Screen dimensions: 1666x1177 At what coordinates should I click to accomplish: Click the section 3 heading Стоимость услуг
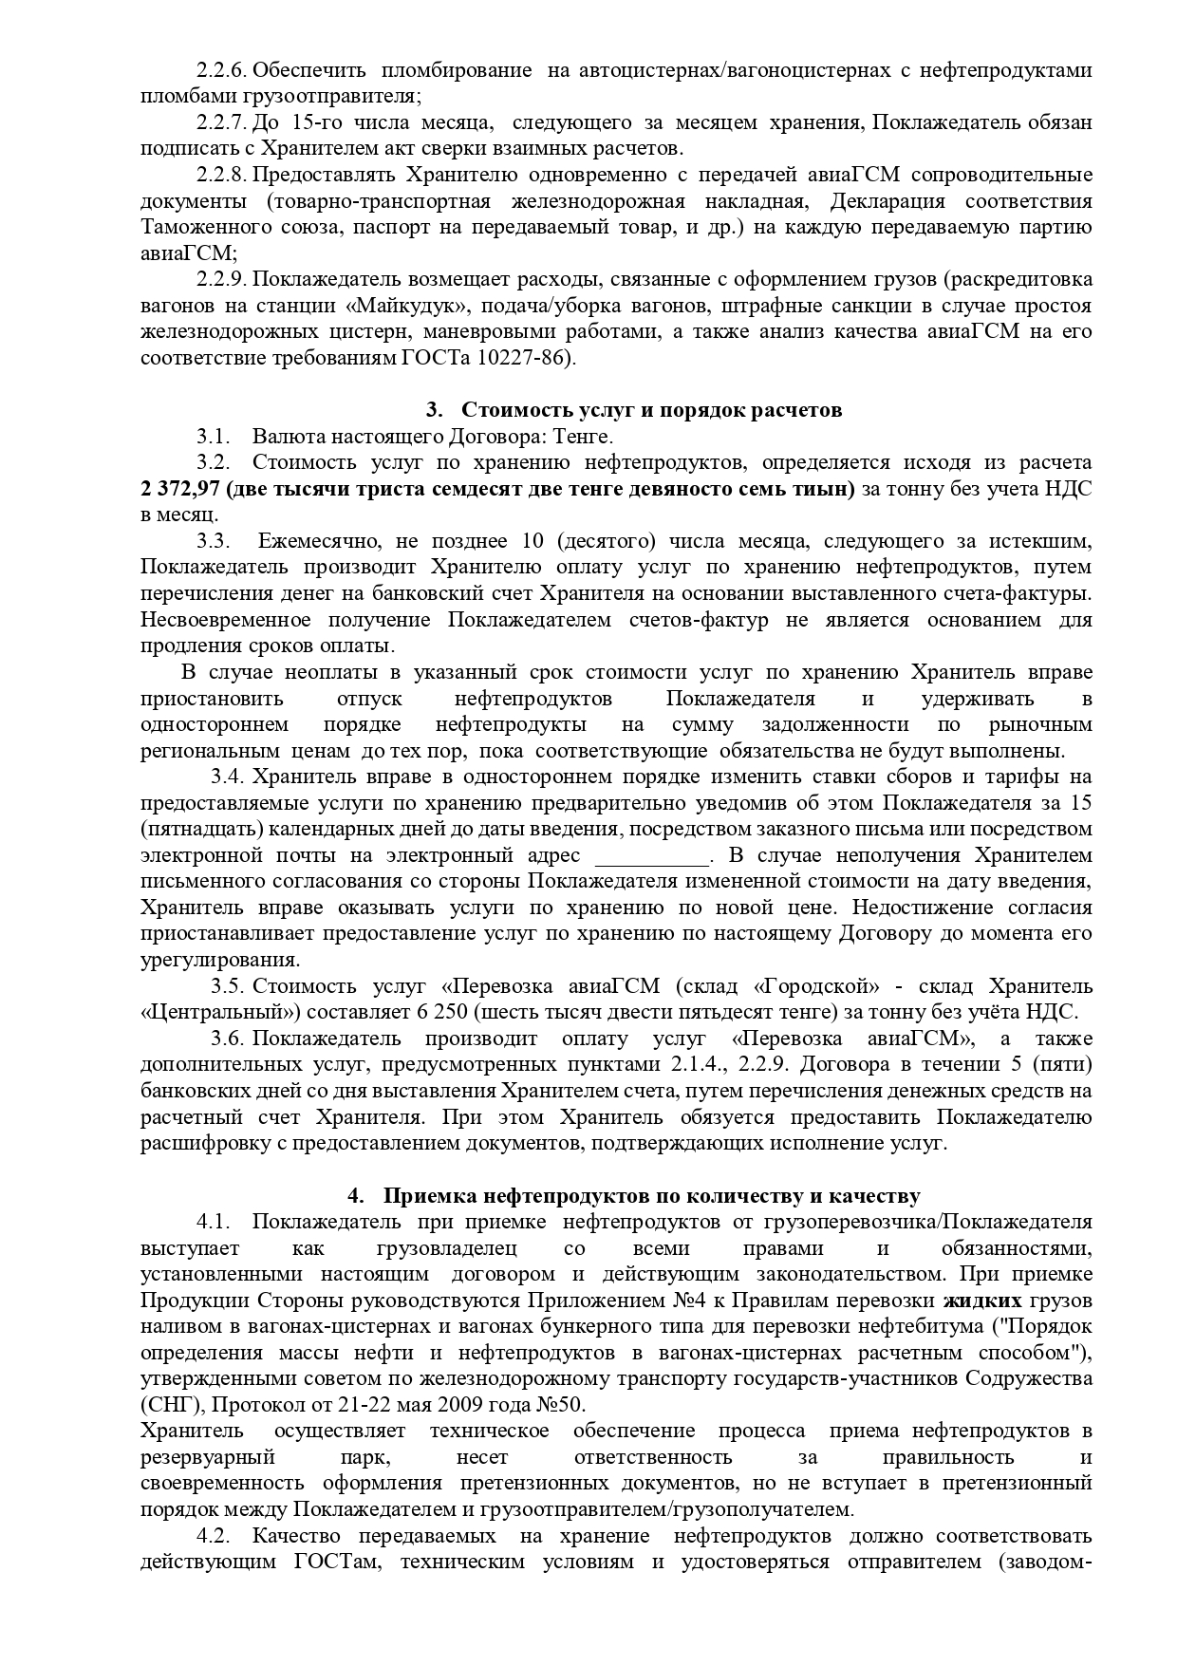coord(652,410)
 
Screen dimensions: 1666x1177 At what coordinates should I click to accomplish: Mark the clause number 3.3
coord(214,541)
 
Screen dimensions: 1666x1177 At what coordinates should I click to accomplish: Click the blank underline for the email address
coord(653,855)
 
